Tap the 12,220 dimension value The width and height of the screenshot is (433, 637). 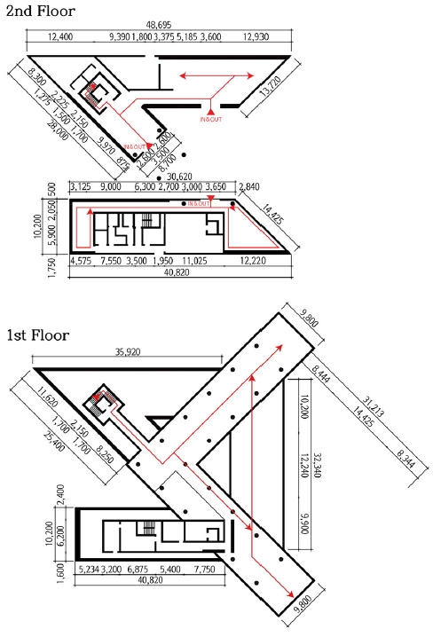click(259, 262)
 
